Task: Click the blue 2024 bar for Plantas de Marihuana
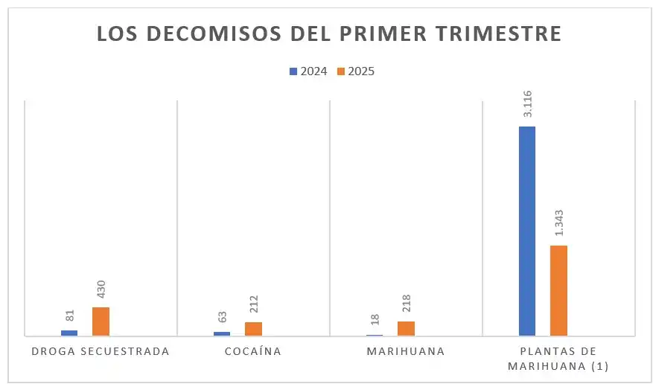pyautogui.click(x=526, y=231)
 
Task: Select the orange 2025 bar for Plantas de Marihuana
pyautogui.click(x=558, y=290)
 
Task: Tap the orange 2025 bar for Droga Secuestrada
pyautogui.click(x=101, y=321)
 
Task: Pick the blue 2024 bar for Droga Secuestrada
pyautogui.click(x=69, y=333)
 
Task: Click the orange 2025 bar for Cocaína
pyautogui.click(x=253, y=328)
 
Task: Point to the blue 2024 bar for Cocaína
pyautogui.click(x=222, y=333)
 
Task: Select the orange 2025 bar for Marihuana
pyautogui.click(x=406, y=328)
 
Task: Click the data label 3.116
pyautogui.click(x=527, y=104)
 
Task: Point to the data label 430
pyautogui.click(x=101, y=289)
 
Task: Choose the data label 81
pyautogui.click(x=70, y=316)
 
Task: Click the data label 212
pyautogui.click(x=253, y=305)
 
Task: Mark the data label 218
pyautogui.click(x=406, y=304)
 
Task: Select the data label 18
pyautogui.click(x=375, y=319)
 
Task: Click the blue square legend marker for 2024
pyautogui.click(x=293, y=71)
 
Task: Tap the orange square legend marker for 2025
pyautogui.click(x=342, y=71)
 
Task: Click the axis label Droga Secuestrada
pyautogui.click(x=101, y=351)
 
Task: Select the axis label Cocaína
pyautogui.click(x=253, y=351)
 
